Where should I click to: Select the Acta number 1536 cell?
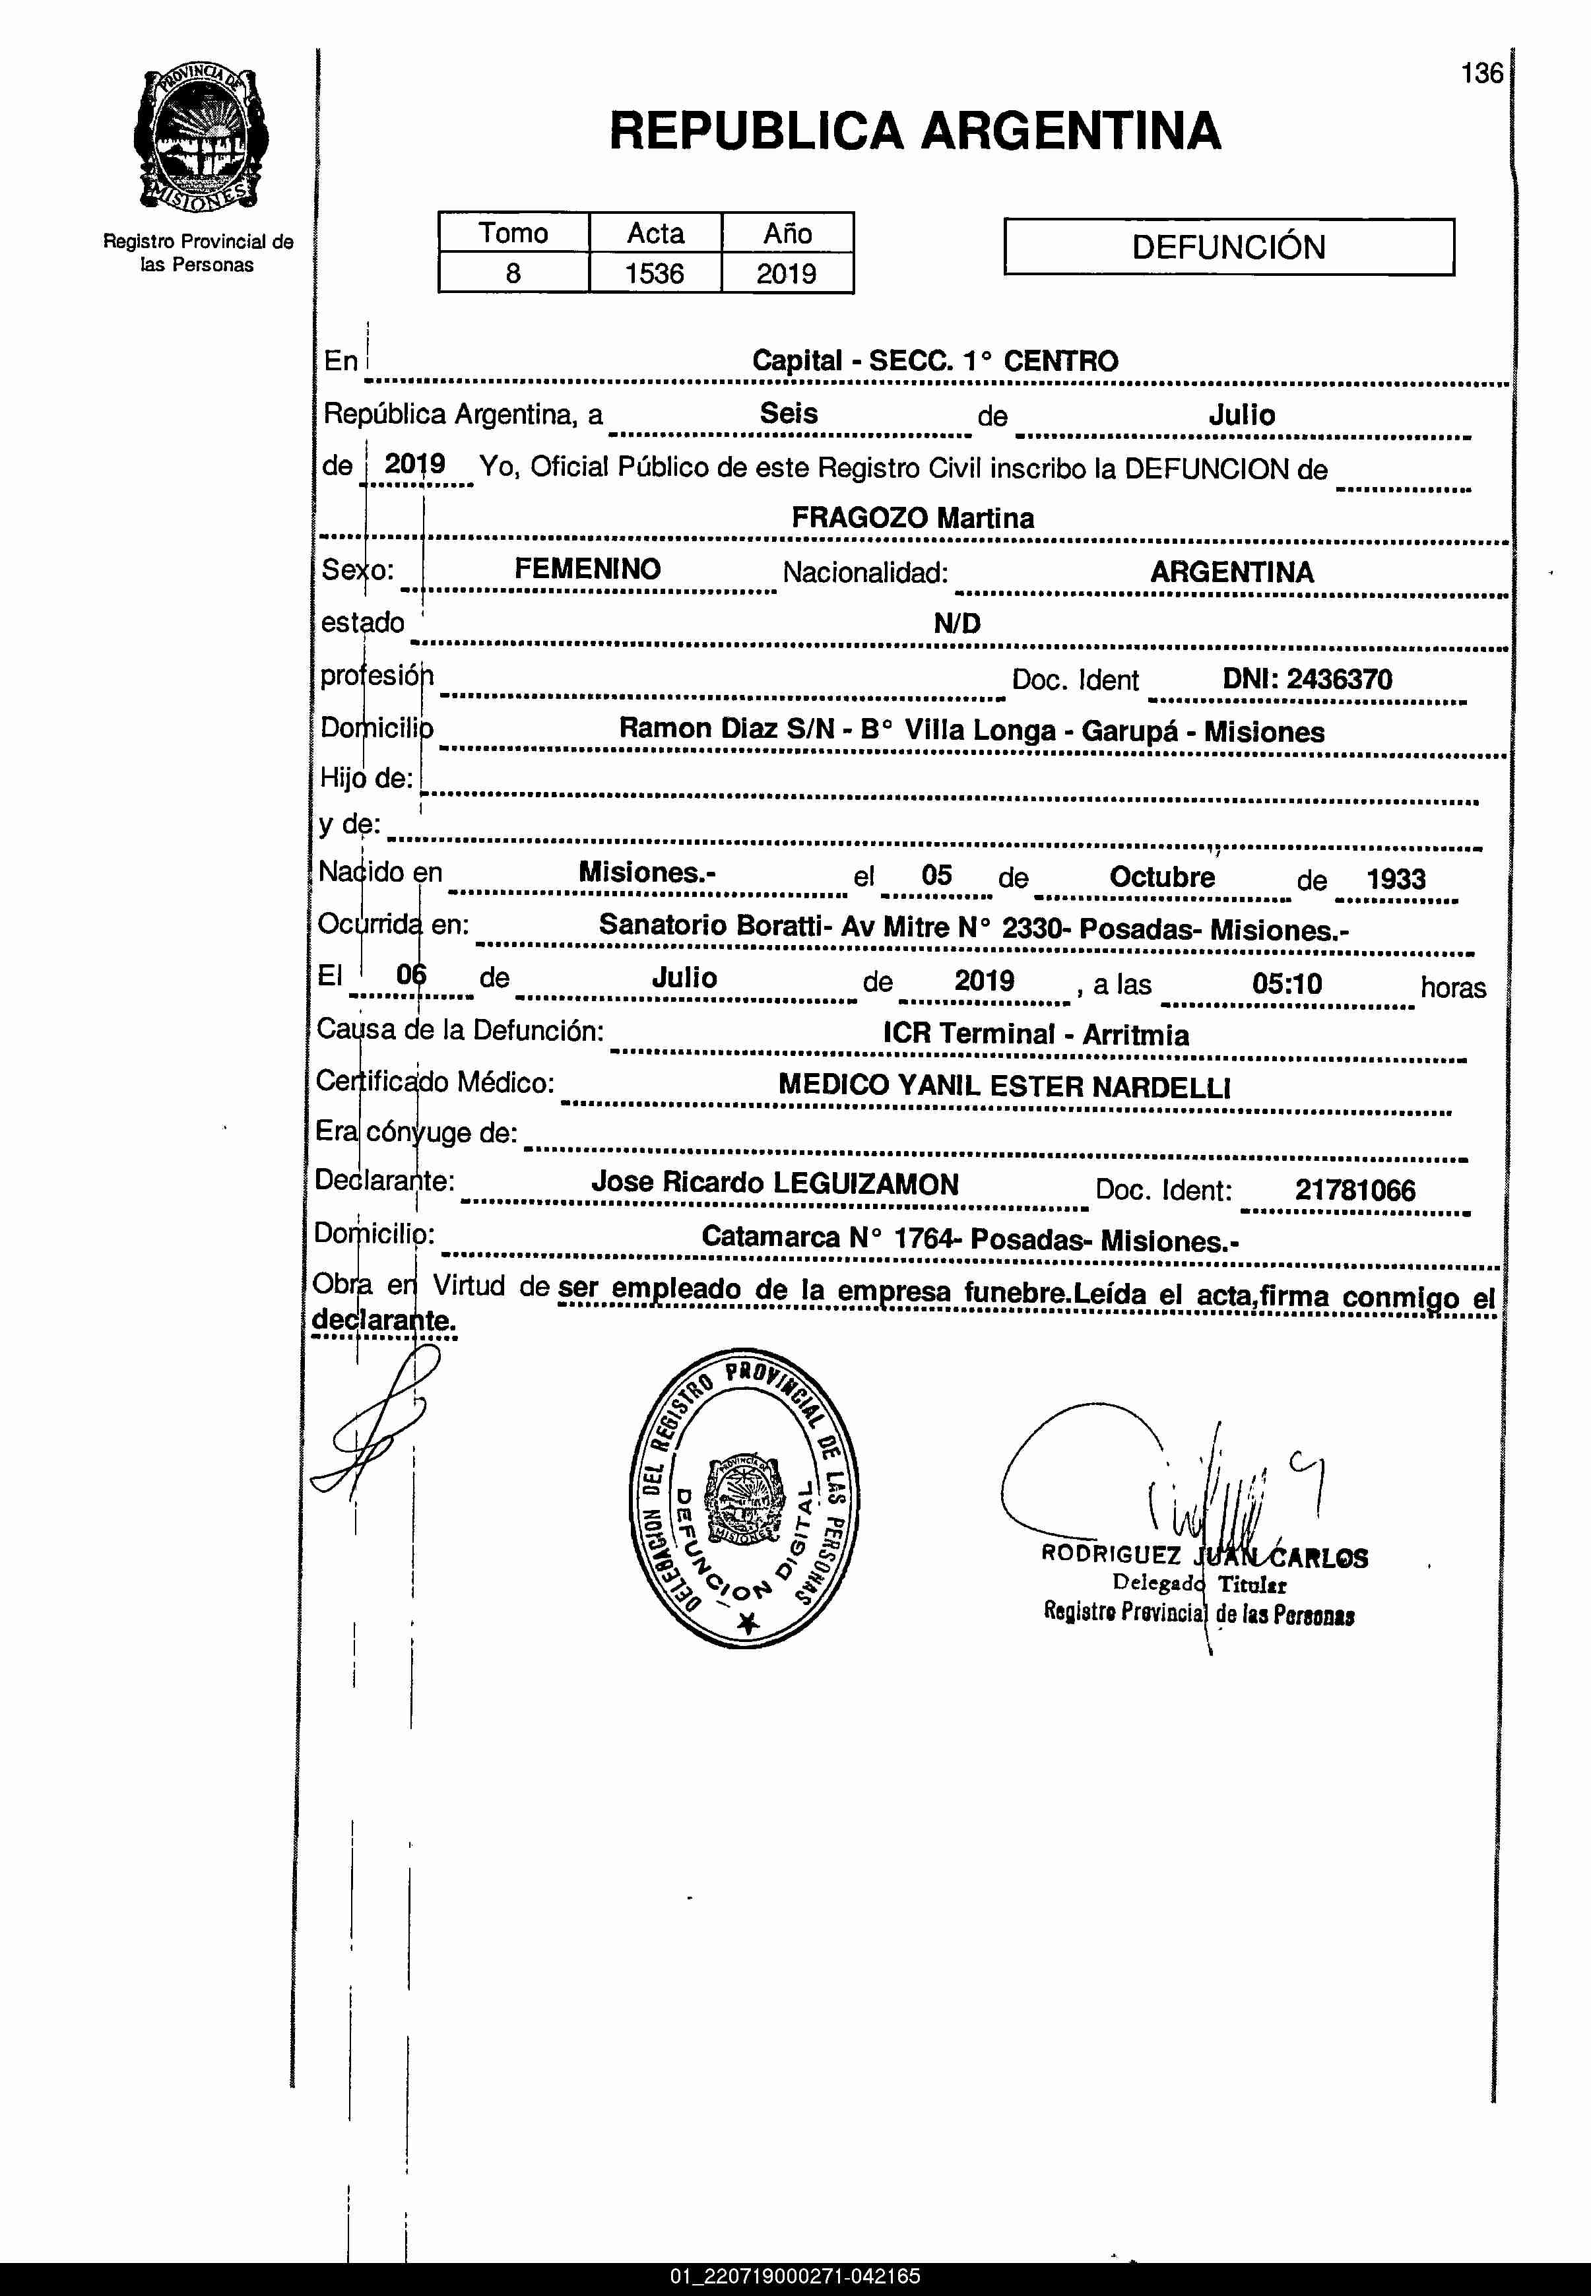click(654, 273)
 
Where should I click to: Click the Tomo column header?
click(513, 233)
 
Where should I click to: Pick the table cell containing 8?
click(513, 273)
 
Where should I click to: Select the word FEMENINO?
click(587, 570)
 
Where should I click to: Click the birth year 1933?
click(1396, 878)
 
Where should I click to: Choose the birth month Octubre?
click(1162, 877)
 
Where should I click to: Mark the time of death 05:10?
click(1287, 984)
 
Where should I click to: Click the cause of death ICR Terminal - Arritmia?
click(1036, 1034)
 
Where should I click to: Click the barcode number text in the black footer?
click(796, 2276)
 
